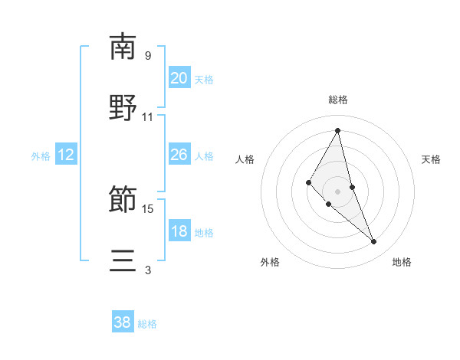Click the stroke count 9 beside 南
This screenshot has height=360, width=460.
[x=148, y=55]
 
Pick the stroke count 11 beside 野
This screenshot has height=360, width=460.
[x=148, y=117]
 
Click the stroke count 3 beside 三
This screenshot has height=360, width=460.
[x=148, y=270]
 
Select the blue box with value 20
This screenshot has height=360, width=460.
[x=179, y=77]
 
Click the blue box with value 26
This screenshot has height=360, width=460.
[x=179, y=155]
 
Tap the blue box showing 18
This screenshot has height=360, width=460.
[x=179, y=231]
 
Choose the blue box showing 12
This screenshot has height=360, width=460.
[x=65, y=155]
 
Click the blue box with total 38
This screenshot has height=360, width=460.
[x=122, y=322]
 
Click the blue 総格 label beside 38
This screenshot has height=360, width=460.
[x=147, y=324]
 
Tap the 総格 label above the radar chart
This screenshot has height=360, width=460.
[x=338, y=100]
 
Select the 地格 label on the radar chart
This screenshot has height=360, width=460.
[x=402, y=262]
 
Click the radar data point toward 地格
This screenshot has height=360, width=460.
[x=374, y=242]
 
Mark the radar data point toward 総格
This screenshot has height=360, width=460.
[x=338, y=131]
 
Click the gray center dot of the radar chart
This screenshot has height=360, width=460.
[x=338, y=191]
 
